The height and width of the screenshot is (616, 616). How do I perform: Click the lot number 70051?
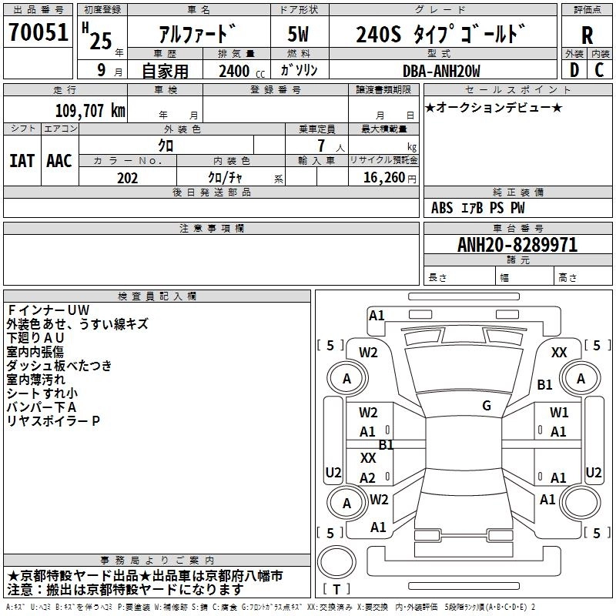38,32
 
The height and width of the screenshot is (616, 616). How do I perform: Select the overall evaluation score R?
587,35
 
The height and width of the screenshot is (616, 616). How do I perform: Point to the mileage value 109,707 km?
90,110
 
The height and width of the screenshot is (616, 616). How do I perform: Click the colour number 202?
127,178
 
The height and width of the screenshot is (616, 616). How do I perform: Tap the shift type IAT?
22,161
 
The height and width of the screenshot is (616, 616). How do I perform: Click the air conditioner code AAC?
59,161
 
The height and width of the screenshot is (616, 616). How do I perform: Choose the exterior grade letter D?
574,70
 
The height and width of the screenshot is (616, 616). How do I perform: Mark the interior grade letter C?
599,70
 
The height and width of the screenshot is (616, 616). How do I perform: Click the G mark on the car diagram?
487,406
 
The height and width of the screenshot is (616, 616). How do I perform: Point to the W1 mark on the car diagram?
559,413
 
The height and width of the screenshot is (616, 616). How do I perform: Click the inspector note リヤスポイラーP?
54,421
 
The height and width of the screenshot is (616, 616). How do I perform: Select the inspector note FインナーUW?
48,310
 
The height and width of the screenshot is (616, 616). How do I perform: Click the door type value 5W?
299,35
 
